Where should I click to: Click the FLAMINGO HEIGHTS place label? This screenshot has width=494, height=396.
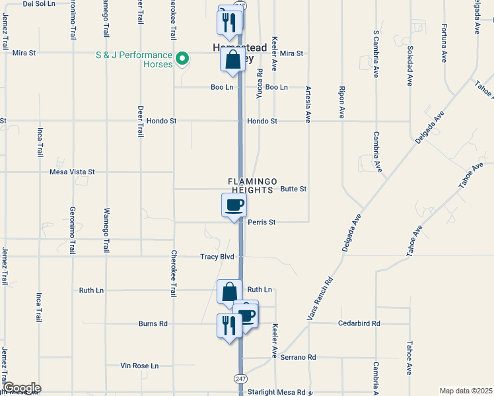pos(250,185)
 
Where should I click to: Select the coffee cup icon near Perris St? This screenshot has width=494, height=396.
pos(234,205)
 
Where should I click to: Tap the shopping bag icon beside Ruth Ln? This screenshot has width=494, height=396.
pos(229,292)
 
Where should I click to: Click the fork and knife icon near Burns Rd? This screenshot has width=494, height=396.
pos(229,325)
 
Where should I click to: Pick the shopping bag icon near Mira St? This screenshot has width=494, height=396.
pos(233,60)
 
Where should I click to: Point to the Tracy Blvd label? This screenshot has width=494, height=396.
pos(217,256)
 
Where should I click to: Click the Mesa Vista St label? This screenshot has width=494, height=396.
pos(73,172)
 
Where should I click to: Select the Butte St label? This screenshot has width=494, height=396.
pos(293,189)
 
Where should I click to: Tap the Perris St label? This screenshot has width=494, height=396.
pos(262,222)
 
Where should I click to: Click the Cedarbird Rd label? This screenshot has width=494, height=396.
pos(359,323)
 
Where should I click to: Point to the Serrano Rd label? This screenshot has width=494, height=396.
pos(298,357)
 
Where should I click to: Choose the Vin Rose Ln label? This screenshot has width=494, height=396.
pos(140,366)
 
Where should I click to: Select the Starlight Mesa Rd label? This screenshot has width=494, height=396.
pos(277,392)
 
